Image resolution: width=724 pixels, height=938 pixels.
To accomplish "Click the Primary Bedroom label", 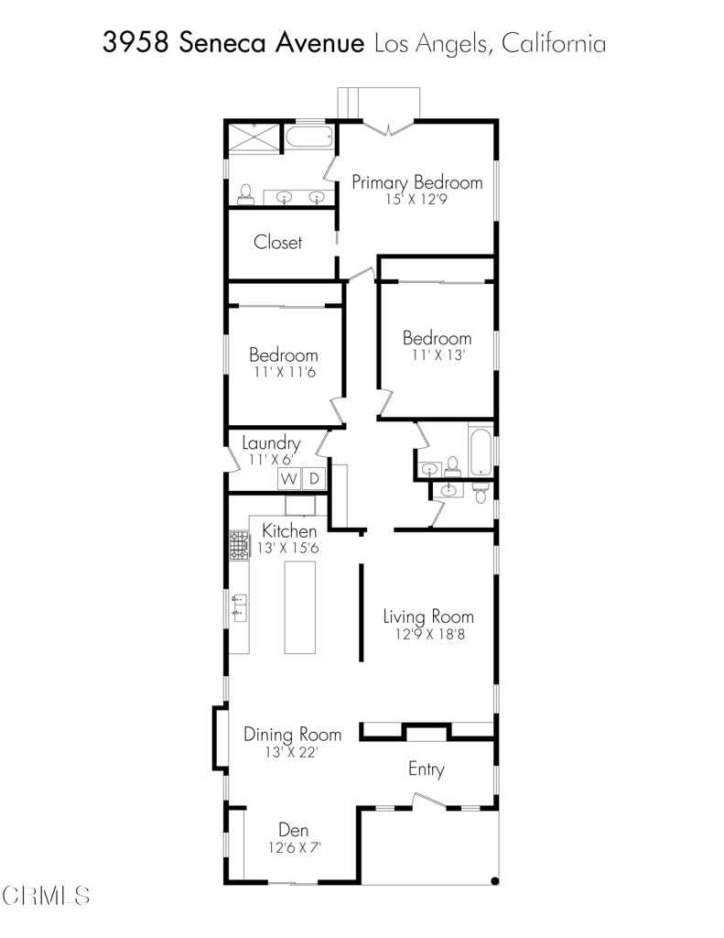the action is coord(416,182).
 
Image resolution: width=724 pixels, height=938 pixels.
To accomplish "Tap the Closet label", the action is coord(277,242).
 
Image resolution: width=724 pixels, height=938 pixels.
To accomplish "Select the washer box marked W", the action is coord(288,478).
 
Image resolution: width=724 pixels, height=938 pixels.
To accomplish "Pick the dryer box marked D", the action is coord(315,478).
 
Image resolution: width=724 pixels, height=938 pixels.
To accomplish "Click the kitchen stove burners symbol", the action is coord(239,546).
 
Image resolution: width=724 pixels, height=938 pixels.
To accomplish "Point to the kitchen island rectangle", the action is coord(299,607).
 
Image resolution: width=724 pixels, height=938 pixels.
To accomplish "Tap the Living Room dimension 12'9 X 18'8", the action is coord(429,634).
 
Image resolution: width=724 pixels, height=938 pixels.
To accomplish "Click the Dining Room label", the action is coord(292,734).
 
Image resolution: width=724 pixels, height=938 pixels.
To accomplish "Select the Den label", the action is coord(294,830).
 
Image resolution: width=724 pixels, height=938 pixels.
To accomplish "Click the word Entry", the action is coord(427,769).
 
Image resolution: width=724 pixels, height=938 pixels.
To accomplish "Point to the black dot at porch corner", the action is coord(494,880).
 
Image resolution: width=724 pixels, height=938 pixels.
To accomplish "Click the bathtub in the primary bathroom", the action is coord(308,137).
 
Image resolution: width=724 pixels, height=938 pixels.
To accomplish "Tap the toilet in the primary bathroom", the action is coord(245,194).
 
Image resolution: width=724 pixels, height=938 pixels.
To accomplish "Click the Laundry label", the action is coord(271,443).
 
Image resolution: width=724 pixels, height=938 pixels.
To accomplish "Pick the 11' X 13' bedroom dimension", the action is coord(438,354).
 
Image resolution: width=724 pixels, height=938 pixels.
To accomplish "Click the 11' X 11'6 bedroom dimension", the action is coord(285,372).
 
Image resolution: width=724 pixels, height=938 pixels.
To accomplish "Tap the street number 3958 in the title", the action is coord(135,43).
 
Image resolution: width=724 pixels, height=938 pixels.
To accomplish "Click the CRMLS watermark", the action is coord(46,896).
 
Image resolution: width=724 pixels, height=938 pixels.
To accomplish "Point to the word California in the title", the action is coord(554,43).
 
